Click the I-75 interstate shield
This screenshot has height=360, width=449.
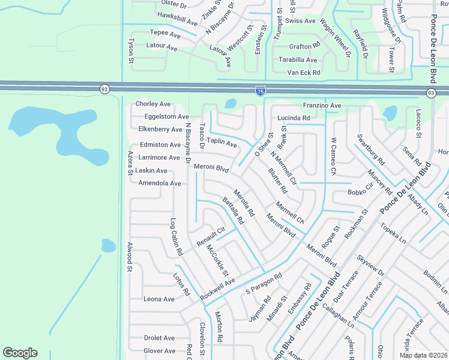[x=260, y=91]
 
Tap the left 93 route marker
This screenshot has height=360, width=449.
[x=104, y=89]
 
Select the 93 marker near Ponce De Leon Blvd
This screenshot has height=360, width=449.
[x=431, y=93]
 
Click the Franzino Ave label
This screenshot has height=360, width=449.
[x=322, y=106]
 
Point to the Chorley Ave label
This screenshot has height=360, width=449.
[x=153, y=104]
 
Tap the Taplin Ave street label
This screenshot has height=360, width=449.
[x=222, y=145]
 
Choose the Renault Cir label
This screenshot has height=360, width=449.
[x=210, y=236]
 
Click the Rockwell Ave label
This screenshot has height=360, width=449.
[x=218, y=290]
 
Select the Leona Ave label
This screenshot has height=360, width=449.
[x=159, y=299]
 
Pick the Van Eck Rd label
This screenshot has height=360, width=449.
[x=304, y=73]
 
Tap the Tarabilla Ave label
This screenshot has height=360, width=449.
[x=298, y=60]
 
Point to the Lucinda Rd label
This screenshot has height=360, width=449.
[x=294, y=118]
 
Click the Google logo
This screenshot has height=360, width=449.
[x=20, y=353]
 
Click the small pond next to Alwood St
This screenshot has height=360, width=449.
[x=108, y=245]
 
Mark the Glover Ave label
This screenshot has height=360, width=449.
[x=160, y=351]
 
